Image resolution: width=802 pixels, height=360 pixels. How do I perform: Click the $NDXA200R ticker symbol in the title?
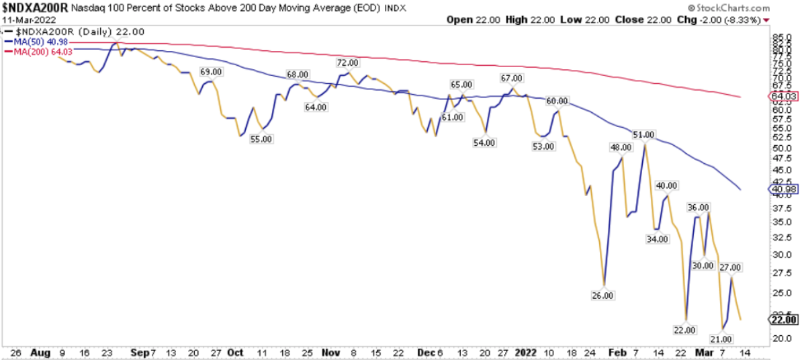coord(34,7)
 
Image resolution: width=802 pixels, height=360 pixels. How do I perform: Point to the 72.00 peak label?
coord(347,62)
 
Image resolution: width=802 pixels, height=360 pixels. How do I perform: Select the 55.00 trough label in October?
coord(261,138)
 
